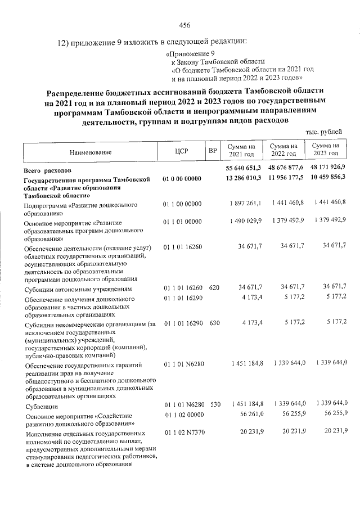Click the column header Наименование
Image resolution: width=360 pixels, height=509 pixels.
pos(91,152)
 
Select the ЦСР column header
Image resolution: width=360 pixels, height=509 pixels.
pos(181,151)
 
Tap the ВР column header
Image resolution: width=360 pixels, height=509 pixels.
pos(212,151)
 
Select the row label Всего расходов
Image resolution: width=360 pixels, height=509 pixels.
pos(47,169)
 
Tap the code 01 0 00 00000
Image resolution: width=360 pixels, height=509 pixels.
pos(181,179)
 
